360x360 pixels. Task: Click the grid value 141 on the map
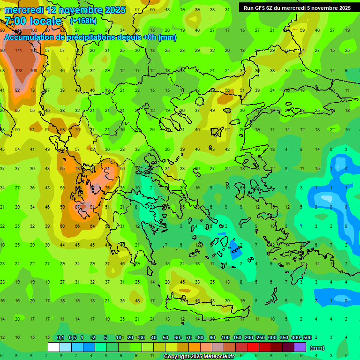pos(19,51)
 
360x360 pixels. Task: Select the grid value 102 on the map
pos(19,70)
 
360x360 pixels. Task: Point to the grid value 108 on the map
pos(34,70)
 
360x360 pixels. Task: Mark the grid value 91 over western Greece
pos(92,207)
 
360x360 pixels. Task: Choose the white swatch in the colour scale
pos(53,347)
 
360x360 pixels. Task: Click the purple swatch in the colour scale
pos(300,347)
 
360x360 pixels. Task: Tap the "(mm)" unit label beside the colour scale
pos(317,348)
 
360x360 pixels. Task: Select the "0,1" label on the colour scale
pos(60,337)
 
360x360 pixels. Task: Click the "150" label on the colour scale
pos(237,337)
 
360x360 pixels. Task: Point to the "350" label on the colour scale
pos(284,337)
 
